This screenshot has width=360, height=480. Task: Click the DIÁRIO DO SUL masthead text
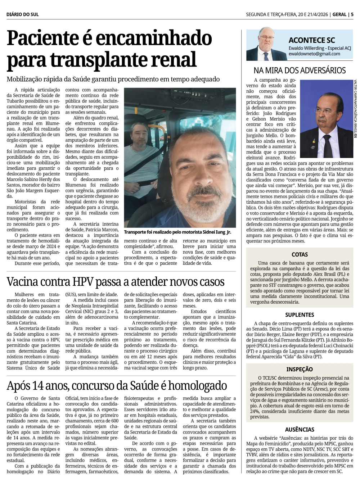22,14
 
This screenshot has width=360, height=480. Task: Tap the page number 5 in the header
352,14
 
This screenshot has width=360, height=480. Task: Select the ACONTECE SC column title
311,40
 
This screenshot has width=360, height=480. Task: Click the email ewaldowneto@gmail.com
314,54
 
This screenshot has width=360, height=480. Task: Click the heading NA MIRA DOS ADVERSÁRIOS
300,70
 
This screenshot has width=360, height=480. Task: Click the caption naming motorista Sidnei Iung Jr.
177,232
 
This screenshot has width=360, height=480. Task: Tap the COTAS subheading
300,254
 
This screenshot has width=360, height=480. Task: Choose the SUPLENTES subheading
300,315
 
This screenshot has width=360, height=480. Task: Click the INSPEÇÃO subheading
300,369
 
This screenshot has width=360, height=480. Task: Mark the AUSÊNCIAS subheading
300,430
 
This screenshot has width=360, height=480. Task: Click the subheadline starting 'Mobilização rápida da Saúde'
113,79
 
